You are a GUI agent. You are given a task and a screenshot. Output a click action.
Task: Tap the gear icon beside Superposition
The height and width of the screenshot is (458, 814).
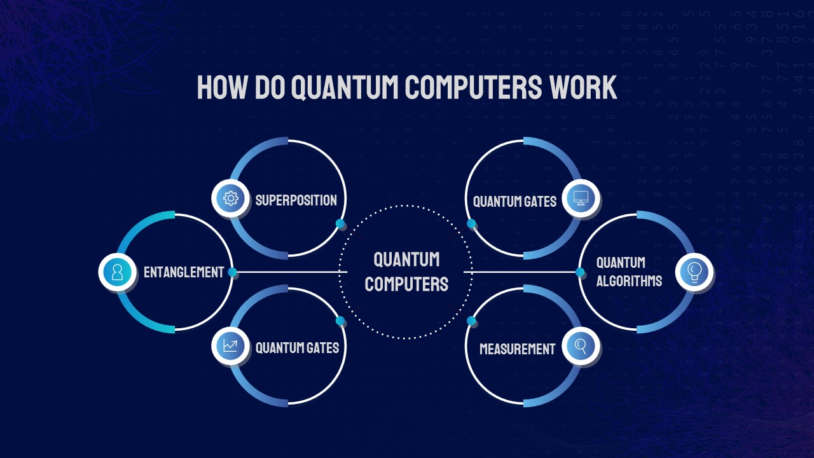[230, 198]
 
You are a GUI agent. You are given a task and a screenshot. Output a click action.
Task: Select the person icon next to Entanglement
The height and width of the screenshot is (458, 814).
[117, 272]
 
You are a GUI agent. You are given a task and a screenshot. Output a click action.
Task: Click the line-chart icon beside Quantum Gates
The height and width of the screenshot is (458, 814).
[230, 346]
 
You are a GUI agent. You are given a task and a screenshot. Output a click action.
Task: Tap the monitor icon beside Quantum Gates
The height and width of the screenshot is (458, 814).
[581, 198]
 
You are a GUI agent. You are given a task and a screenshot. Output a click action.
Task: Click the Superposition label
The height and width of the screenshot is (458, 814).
[296, 200]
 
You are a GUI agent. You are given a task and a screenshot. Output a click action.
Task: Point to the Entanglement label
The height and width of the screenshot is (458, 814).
[184, 272]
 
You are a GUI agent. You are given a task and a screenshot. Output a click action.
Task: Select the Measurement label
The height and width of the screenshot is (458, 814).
[517, 349]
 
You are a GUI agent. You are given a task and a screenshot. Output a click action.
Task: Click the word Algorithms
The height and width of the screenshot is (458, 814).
[629, 281]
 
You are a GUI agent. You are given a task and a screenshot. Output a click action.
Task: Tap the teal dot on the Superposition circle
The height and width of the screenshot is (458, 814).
[340, 223]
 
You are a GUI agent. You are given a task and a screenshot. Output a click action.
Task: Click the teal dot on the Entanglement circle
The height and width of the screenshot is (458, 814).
[233, 272]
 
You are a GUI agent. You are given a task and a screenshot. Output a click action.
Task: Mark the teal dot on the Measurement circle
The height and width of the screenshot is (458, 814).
[471, 321]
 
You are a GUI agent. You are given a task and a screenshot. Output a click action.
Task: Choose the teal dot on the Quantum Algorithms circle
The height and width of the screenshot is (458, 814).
[580, 272]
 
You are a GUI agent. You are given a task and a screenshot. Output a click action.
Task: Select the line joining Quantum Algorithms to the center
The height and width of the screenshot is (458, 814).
[521, 272]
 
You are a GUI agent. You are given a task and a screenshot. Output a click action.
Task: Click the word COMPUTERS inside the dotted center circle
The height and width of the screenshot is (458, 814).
[406, 284]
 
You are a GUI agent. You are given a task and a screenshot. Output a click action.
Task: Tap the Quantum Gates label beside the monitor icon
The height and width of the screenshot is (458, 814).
[514, 202]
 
